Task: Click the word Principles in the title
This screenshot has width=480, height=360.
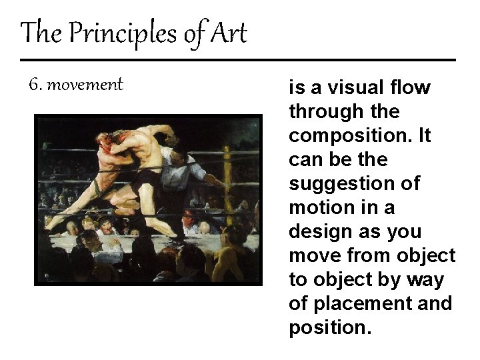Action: (123, 33)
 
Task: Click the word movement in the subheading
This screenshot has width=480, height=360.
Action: (85, 85)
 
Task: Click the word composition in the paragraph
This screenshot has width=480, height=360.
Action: (351, 136)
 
